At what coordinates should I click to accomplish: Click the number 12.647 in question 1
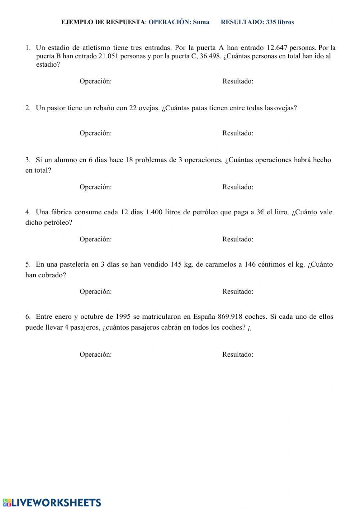pos(277,48)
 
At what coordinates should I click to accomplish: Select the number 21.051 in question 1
pos(108,56)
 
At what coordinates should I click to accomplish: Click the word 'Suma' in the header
pos(201,22)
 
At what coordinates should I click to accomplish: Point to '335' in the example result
pos(271,22)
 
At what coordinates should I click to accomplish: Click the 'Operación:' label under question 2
pos(96,133)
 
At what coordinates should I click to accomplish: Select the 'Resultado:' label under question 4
pos(238,239)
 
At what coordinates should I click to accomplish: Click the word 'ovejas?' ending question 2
pos(285,108)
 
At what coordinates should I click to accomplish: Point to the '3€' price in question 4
pos(260,212)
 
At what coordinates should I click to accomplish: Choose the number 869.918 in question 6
pos(230,317)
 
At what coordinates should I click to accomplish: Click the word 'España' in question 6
pos(204,317)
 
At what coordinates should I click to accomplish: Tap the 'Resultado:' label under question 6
pos(238,354)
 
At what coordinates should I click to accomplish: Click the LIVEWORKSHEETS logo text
pos(56,503)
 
